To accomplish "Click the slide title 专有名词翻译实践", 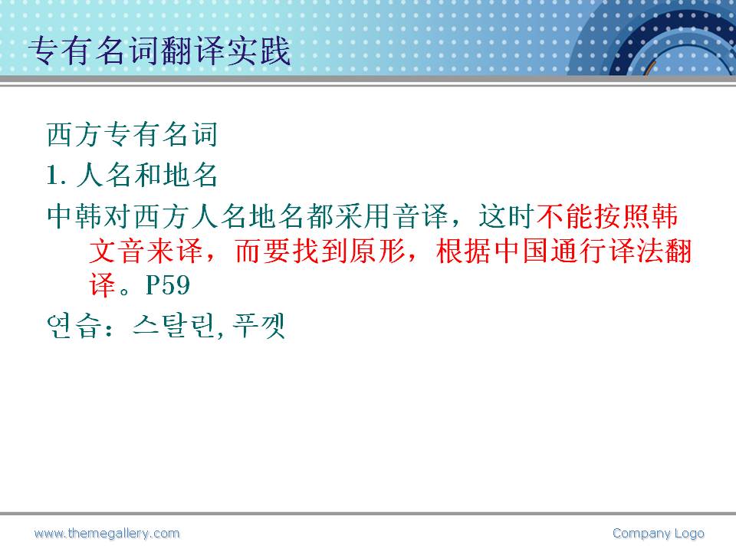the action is pos(159,51).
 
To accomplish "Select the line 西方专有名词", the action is pos(132,134).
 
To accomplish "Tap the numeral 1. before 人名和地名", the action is pos(56,176).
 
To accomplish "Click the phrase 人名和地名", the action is pos(146,176).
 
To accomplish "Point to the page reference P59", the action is pos(168,285).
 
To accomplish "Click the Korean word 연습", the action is pos(74,326).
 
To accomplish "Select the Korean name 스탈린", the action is pos(174,326).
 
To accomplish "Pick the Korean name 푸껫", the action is pos(259,326).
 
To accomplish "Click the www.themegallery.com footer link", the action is pos(107,534).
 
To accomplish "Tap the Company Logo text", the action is pos(658,534).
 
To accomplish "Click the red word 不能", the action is pos(564,216).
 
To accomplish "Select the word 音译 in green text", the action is pos(421,216).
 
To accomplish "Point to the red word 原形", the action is pos(377,251).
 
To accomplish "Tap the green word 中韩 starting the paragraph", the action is pos(75,216).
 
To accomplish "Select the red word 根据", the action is pos(464,251).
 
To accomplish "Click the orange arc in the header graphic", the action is pos(649,67).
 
